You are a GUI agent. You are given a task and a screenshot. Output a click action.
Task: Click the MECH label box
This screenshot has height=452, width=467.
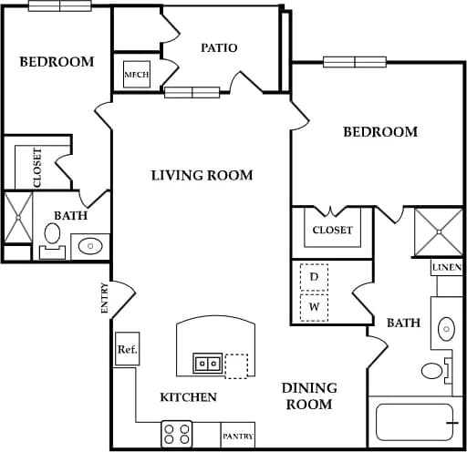(x=137, y=75)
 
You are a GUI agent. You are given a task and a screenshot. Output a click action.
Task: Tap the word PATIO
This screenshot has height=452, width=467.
(x=219, y=47)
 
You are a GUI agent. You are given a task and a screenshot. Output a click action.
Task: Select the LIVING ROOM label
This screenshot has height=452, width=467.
(x=202, y=175)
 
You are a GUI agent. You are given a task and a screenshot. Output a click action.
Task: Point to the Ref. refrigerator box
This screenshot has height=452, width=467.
(x=127, y=349)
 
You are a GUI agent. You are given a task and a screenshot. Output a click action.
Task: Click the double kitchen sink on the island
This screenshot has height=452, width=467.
(x=206, y=363)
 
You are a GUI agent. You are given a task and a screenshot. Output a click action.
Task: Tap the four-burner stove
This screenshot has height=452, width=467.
(x=176, y=432)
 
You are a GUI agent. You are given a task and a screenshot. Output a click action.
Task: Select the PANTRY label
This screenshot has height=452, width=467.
(x=237, y=437)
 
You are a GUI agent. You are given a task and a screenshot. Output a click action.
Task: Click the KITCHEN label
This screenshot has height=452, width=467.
(x=188, y=397)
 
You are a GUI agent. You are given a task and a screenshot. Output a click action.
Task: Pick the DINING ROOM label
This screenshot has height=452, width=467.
(x=309, y=396)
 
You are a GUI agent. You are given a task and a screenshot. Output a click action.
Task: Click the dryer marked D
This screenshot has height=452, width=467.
(x=314, y=276)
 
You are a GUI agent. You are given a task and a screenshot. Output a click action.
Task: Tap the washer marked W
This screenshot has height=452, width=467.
(x=314, y=308)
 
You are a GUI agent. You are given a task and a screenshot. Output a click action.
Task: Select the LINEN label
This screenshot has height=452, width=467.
(x=447, y=267)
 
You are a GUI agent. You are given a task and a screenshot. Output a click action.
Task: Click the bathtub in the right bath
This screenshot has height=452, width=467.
(x=415, y=423)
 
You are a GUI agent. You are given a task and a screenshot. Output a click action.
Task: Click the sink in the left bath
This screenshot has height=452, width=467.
(x=89, y=245)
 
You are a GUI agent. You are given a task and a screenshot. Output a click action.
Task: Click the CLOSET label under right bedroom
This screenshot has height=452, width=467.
(x=332, y=231)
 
